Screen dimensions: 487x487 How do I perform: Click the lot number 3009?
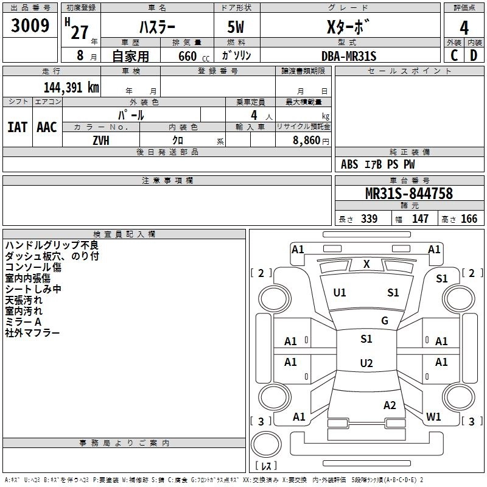31,27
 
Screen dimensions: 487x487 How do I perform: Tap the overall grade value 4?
464,27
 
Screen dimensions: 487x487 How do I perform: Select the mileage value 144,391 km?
71,88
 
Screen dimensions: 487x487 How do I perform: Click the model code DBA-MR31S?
349,56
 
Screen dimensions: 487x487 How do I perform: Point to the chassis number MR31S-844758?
409,194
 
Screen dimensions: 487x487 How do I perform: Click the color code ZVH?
102,140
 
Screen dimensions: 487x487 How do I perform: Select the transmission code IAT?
17,127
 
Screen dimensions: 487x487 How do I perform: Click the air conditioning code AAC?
46,127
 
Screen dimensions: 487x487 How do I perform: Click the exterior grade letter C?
454,55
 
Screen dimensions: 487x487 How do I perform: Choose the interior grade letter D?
474,55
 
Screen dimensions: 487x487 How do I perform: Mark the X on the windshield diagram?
366,264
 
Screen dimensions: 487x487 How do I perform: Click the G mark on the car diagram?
385,321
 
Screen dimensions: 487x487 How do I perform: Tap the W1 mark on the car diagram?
433,417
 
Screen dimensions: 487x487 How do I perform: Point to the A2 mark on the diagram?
390,405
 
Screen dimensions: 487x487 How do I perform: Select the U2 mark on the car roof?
366,363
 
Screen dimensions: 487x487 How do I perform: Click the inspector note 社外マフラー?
32,333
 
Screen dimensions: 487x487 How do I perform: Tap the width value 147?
420,219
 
